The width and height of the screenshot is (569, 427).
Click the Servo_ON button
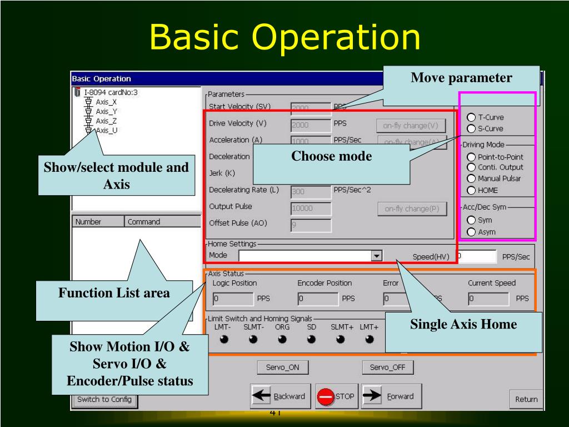pos(283,368)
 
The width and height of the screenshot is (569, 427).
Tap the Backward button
pos(279,396)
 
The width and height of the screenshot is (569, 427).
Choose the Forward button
pos(388,396)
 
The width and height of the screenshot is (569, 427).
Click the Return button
pos(526,399)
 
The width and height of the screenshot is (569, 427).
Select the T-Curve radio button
pos(471,117)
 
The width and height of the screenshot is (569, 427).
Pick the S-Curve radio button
pos(471,128)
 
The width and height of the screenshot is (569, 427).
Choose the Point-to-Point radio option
pos(471,157)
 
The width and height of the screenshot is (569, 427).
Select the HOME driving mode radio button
pos(471,190)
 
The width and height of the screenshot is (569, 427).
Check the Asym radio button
pos(471,232)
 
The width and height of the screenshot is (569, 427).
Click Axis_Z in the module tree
pos(106,121)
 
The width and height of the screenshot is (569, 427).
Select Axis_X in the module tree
pos(106,102)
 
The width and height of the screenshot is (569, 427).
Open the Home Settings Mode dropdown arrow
pos(377,256)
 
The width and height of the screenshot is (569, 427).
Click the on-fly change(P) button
pos(412,208)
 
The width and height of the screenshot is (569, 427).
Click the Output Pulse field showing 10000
pos(311,208)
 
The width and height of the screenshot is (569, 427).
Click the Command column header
pos(161,222)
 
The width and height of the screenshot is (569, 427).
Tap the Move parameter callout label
pos(461,78)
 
